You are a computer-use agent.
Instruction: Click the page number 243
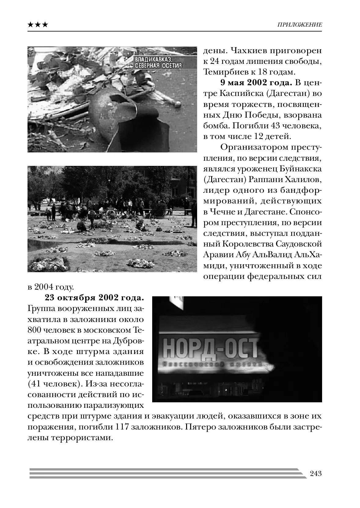pos(316,474)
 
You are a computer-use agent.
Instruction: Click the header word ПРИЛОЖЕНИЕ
pos(299,25)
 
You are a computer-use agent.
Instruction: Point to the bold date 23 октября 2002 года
pos(94,298)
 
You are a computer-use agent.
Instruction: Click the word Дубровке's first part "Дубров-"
pos(126,340)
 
